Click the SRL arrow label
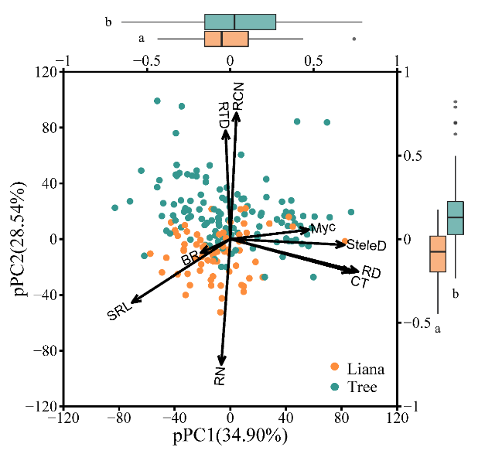120,312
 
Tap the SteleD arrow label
366,245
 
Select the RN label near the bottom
220,377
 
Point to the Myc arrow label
322,228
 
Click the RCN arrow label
238,97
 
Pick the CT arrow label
360,283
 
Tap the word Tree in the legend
363,387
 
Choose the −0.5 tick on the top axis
146,60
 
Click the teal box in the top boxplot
240,22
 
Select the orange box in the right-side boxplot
437,254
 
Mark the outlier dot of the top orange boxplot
354,38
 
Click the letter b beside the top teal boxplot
108,22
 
